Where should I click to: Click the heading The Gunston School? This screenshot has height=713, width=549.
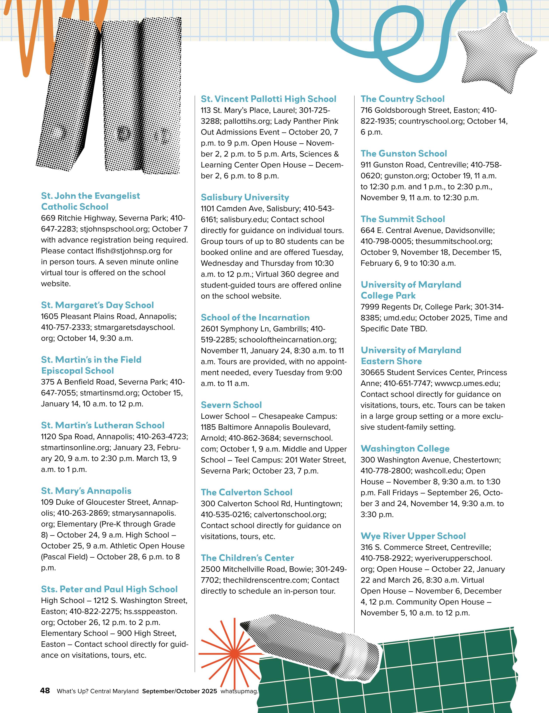[x=404, y=153]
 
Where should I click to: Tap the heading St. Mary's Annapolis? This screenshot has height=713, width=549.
[x=86, y=491]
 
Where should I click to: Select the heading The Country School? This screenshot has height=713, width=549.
[x=402, y=99]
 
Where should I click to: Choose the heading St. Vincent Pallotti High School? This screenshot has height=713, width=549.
[x=268, y=99]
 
